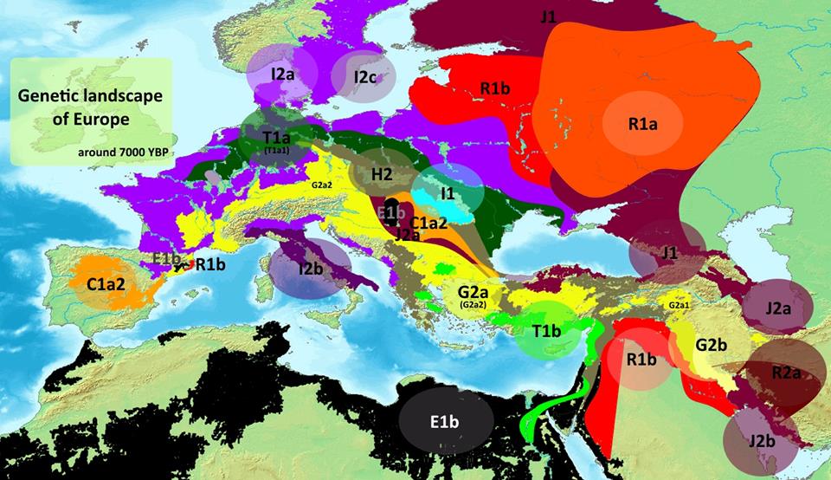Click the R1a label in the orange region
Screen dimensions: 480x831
[x=643, y=124]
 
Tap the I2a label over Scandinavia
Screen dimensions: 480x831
[x=283, y=75]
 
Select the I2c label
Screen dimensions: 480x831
[x=365, y=77]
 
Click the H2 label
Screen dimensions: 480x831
[x=382, y=174]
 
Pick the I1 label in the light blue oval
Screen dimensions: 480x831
[x=447, y=192]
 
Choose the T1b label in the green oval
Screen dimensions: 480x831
[x=546, y=332]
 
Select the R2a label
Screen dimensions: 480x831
[x=786, y=373]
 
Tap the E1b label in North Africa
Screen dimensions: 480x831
[x=446, y=422]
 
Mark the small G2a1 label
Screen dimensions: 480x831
[x=678, y=306]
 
